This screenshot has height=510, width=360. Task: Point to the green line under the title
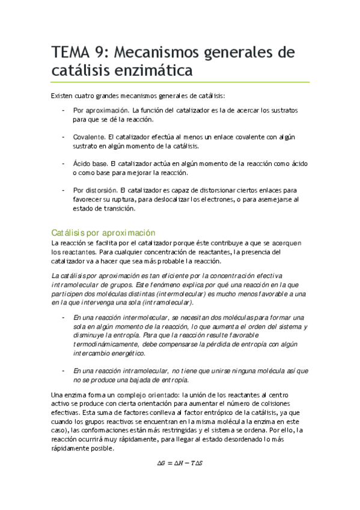(180, 82)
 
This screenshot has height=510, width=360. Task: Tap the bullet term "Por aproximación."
(101, 111)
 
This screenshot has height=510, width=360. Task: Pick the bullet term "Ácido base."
(91, 164)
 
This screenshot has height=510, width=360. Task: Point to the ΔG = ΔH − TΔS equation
(180, 463)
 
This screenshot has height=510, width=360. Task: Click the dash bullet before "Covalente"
(63, 137)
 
